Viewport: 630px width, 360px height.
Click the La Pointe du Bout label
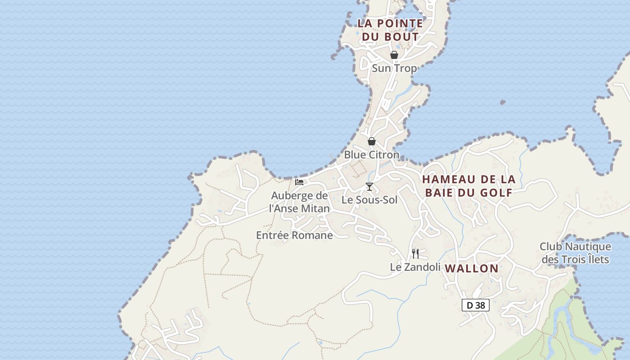coord(390,30)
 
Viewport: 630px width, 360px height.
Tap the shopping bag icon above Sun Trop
coord(394,55)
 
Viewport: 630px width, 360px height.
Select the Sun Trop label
coord(394,68)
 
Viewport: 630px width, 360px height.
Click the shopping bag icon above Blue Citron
coord(372,141)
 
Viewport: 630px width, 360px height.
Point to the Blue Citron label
coord(372,155)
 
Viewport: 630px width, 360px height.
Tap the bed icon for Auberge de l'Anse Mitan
coord(299,182)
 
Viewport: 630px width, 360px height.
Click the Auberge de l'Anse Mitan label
coord(299,202)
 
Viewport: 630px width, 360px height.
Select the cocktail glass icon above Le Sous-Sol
coord(369,187)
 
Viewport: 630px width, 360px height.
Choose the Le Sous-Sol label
coord(369,200)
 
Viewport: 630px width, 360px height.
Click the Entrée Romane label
coord(294,235)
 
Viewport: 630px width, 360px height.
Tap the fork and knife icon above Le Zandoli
coord(415,254)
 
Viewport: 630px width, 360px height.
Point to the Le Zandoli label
coord(415,267)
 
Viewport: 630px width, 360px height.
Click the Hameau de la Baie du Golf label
coord(468,186)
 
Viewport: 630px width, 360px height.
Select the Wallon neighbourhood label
coord(472,269)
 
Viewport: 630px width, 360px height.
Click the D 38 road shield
coord(476,305)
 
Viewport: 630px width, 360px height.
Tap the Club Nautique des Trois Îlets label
coord(576,253)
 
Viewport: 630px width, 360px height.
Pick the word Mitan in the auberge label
coord(315,209)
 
